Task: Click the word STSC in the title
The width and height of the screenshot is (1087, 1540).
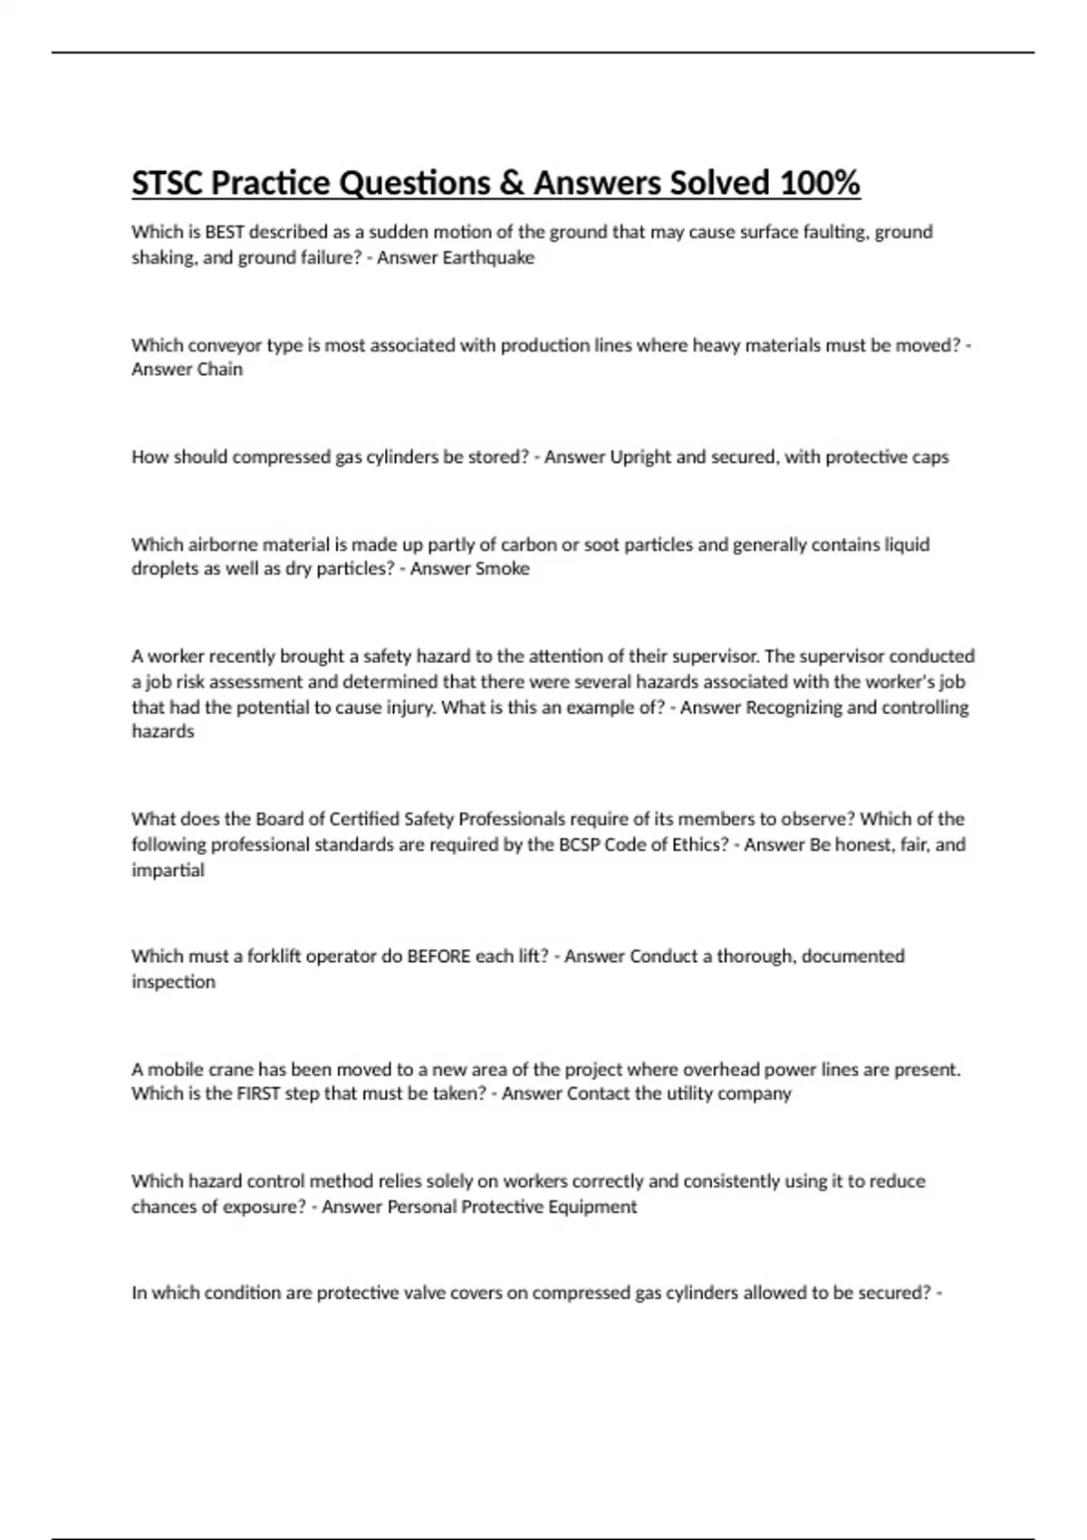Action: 168,183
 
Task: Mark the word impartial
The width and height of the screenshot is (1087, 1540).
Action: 168,871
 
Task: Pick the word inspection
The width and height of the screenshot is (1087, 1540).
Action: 173,982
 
